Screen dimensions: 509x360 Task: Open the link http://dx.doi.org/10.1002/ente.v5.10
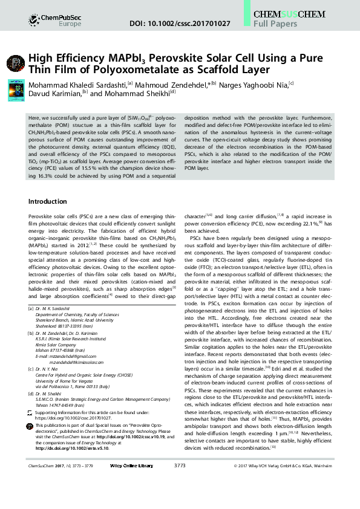[79, 449]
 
